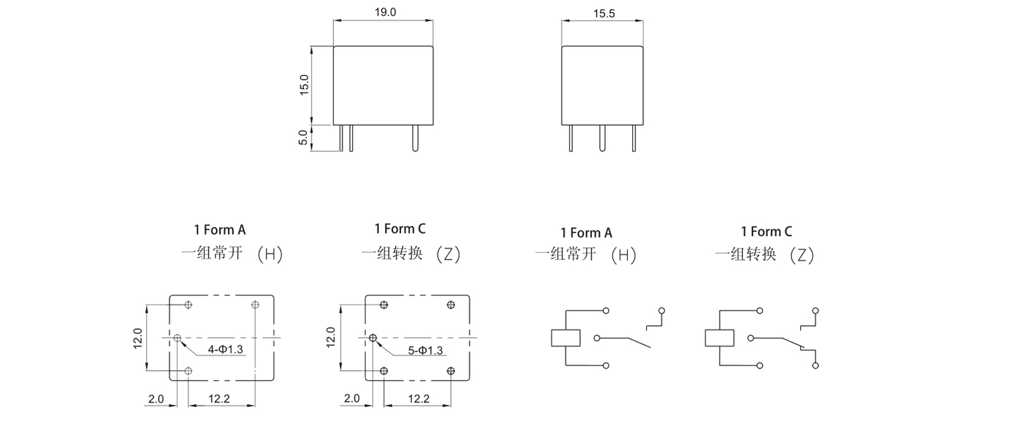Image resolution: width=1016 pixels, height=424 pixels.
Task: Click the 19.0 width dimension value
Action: tap(383, 12)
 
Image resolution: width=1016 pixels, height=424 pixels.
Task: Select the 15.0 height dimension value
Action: tap(304, 85)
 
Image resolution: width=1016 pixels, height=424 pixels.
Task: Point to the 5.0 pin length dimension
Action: tap(304, 138)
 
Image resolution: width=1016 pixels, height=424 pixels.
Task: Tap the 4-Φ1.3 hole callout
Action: tap(226, 350)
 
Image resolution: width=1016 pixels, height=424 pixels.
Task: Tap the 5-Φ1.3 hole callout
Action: tap(425, 351)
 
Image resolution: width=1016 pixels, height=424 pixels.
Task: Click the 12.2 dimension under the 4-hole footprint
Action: tap(219, 399)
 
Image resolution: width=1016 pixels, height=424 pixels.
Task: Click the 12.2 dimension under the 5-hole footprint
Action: tap(418, 399)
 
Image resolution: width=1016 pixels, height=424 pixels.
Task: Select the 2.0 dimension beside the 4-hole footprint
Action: tap(155, 399)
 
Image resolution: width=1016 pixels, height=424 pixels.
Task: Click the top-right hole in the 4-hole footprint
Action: tap(255, 305)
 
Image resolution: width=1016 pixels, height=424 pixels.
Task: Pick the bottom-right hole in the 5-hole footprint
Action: tap(452, 370)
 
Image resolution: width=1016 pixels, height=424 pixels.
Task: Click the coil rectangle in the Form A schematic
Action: tap(565, 338)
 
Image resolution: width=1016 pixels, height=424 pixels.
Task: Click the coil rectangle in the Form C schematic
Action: tap(720, 338)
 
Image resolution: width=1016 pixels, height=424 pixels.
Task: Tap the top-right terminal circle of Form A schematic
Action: tap(661, 311)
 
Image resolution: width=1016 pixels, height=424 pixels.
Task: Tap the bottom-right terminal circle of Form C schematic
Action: tap(816, 365)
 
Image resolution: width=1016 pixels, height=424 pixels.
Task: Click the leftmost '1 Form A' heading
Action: tap(220, 230)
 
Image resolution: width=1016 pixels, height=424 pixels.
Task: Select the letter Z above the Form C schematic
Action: tap(801, 256)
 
